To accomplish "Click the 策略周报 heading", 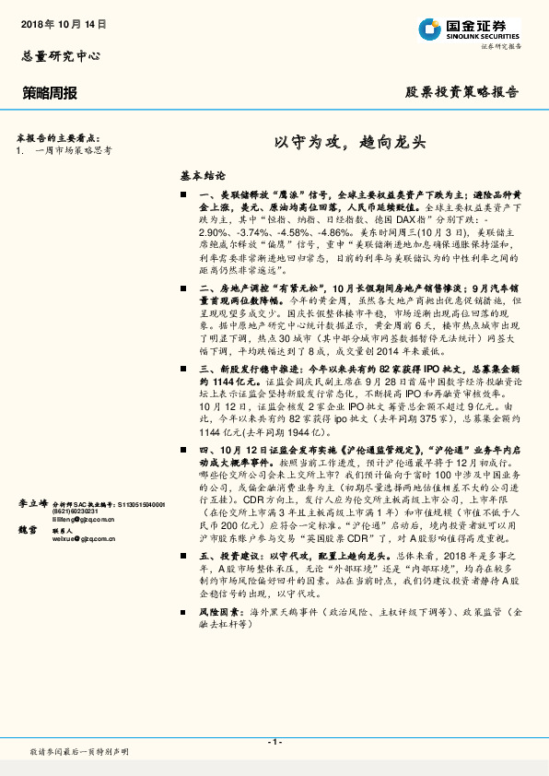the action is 50,93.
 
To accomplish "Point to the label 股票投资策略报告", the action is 462,93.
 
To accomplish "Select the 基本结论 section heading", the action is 202,174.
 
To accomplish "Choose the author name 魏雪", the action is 29,532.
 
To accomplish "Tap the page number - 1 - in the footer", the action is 274,742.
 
